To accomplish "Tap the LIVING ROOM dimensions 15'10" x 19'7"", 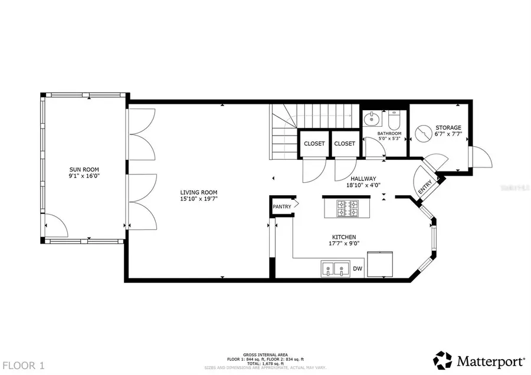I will pos(199,199).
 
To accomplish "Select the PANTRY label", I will pos(281,206).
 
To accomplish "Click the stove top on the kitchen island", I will pos(348,208).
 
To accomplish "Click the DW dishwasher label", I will pos(357,269).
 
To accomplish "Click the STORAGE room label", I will pos(448,127).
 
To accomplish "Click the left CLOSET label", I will pos(314,143).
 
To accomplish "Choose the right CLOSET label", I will pos(345,143).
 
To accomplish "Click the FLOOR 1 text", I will pos(23,365).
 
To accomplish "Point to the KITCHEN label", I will pos(343,236).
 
